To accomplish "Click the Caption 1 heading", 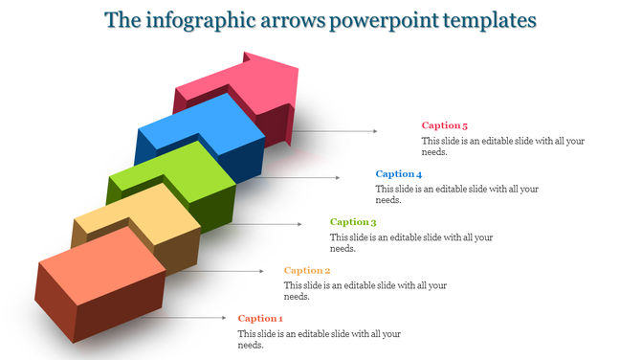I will click(260, 318).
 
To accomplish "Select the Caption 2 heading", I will click(307, 270).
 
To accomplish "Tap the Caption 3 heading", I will click(353, 222).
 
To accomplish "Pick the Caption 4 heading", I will click(399, 174).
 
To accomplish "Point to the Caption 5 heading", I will click(445, 125).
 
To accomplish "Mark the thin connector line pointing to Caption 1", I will click(182, 317).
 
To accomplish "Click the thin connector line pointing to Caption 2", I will click(230, 271).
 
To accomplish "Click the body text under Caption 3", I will click(411, 242).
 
